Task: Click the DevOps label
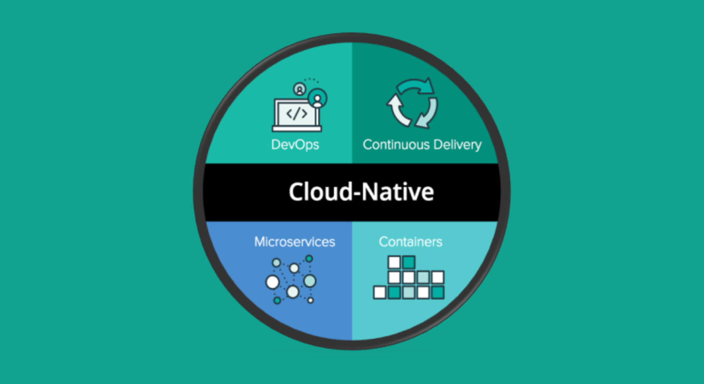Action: pos(295,145)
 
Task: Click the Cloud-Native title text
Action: pos(361,192)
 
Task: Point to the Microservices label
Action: pos(294,241)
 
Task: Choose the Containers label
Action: pos(410,241)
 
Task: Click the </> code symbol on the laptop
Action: pos(297,113)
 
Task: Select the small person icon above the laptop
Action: pos(300,90)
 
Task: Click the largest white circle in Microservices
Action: pos(273,282)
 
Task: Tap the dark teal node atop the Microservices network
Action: pos(309,259)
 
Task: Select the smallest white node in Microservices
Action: pos(310,300)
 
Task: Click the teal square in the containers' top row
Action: pos(409,263)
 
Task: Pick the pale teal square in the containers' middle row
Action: pos(423,278)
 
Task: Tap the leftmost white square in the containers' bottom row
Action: pos(380,293)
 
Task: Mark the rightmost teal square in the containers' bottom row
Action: pos(437,293)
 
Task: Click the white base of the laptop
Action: pos(297,129)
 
